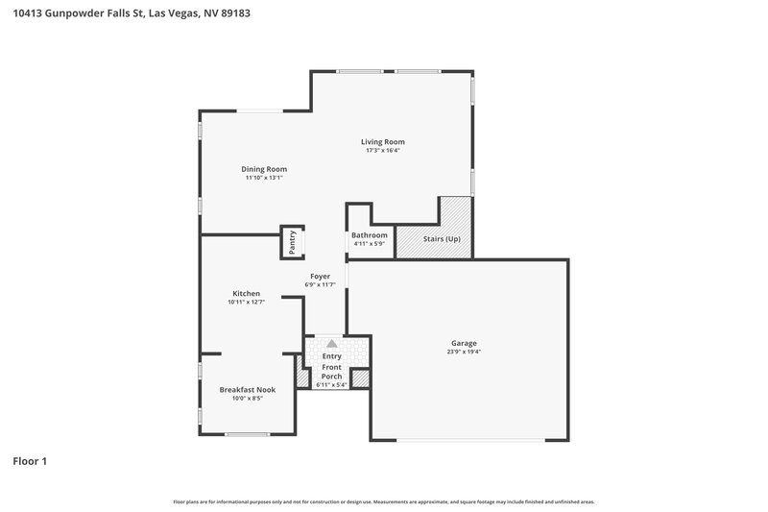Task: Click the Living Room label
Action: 383,142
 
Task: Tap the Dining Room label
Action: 264,169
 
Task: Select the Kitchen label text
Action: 247,294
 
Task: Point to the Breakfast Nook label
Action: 247,389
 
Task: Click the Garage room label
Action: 464,343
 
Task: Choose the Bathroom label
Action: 370,235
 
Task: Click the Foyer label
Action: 320,277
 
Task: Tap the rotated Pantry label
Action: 293,242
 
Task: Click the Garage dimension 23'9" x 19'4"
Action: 464,352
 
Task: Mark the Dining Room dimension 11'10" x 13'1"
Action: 264,178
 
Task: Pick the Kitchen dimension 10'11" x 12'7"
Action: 247,303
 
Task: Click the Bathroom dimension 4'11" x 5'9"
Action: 370,244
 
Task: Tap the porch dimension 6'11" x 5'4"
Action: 331,385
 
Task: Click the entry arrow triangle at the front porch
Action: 331,342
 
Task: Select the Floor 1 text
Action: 30,461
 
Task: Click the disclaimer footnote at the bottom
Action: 383,501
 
